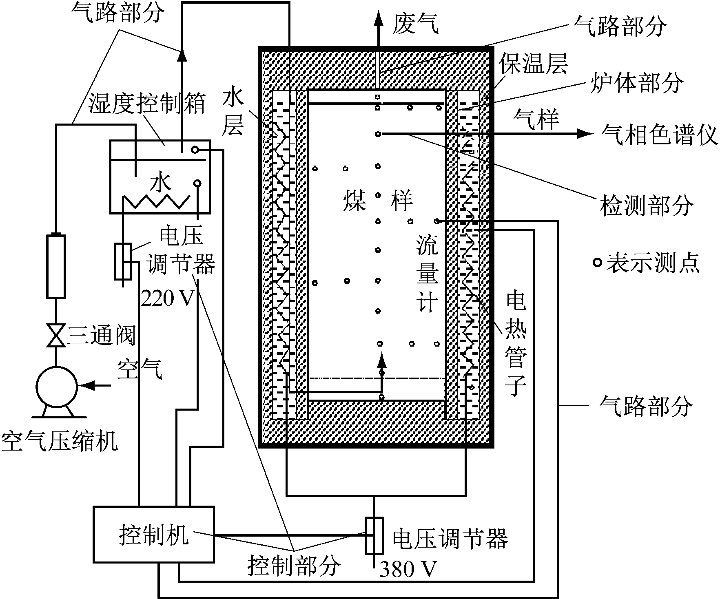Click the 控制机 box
point(153,534)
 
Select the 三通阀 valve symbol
point(56,335)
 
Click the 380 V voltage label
point(408,569)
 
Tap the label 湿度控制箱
point(146,105)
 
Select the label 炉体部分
point(637,83)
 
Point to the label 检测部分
point(647,205)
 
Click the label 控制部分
point(294,566)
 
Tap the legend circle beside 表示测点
point(597,262)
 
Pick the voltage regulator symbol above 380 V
point(374,536)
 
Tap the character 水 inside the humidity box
point(160,183)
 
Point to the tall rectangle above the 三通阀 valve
point(56,266)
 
